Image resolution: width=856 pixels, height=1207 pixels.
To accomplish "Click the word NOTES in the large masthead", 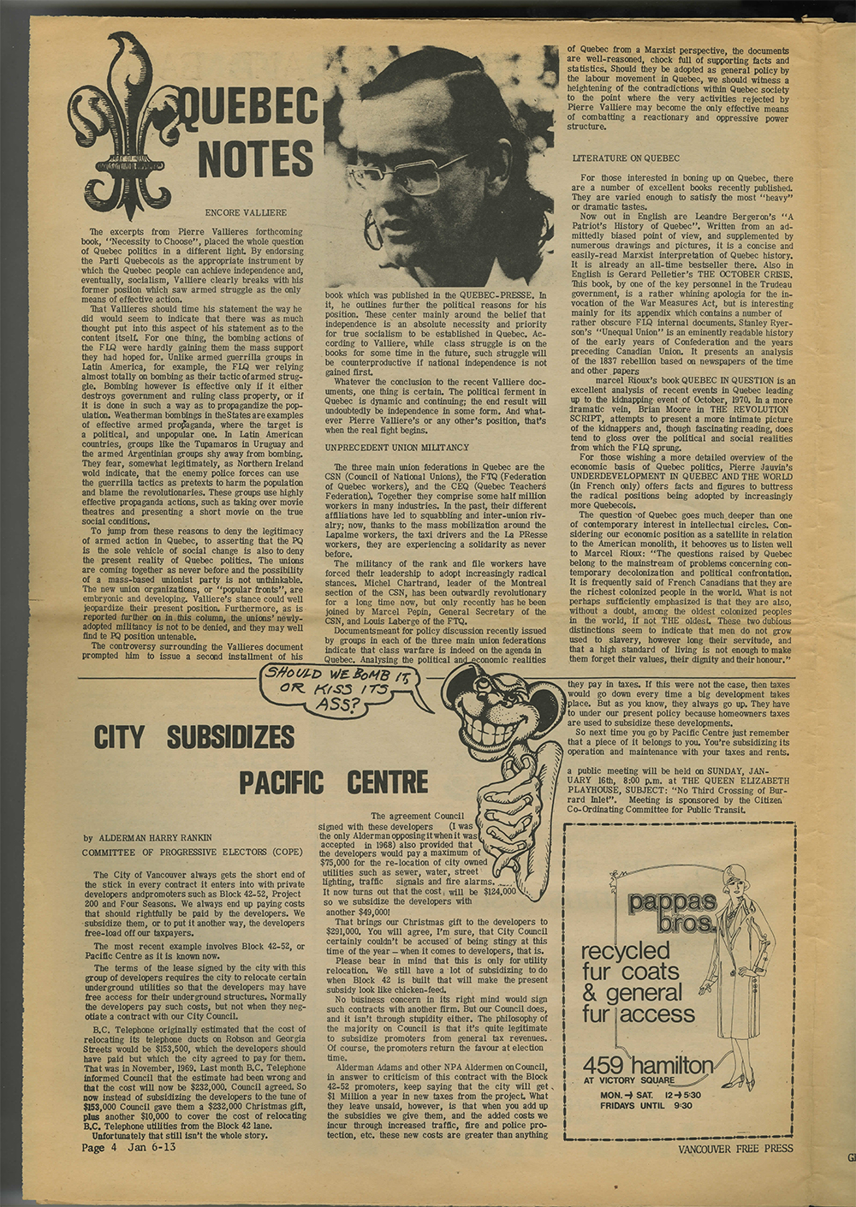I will point(254,160).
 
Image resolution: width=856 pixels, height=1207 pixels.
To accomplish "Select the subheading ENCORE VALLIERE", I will point(246,211).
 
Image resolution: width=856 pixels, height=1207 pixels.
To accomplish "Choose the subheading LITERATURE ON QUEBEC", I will point(625,158).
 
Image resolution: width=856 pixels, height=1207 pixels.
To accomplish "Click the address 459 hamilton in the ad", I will point(647,1066).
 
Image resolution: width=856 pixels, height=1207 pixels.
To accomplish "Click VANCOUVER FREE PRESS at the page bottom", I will point(735,1149).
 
